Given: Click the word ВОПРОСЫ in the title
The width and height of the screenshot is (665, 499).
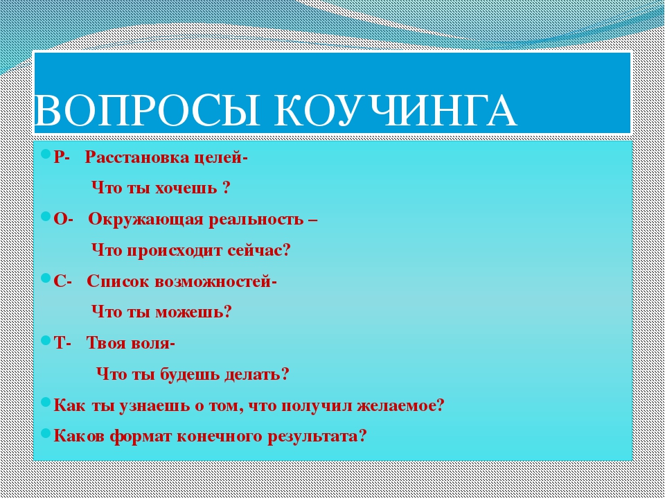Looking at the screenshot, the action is pyautogui.click(x=147, y=110).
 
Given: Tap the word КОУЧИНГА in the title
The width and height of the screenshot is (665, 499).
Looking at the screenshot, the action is pyautogui.click(x=396, y=110).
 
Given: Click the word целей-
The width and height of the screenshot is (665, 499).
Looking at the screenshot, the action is pyautogui.click(x=221, y=158).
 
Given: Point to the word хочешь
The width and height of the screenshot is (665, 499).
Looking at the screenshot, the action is pyautogui.click(x=186, y=188).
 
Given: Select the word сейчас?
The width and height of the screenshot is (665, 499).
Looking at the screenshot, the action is pyautogui.click(x=258, y=250).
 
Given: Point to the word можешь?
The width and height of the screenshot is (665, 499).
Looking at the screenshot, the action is pyautogui.click(x=194, y=313).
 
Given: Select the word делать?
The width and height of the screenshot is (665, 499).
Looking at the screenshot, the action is pyautogui.click(x=256, y=374).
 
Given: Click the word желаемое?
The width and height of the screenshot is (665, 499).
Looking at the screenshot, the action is pyautogui.click(x=400, y=405).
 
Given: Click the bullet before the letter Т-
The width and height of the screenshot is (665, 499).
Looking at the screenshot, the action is pyautogui.click(x=46, y=340).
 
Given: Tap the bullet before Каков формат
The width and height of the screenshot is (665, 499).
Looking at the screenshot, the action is pyautogui.click(x=46, y=433).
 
